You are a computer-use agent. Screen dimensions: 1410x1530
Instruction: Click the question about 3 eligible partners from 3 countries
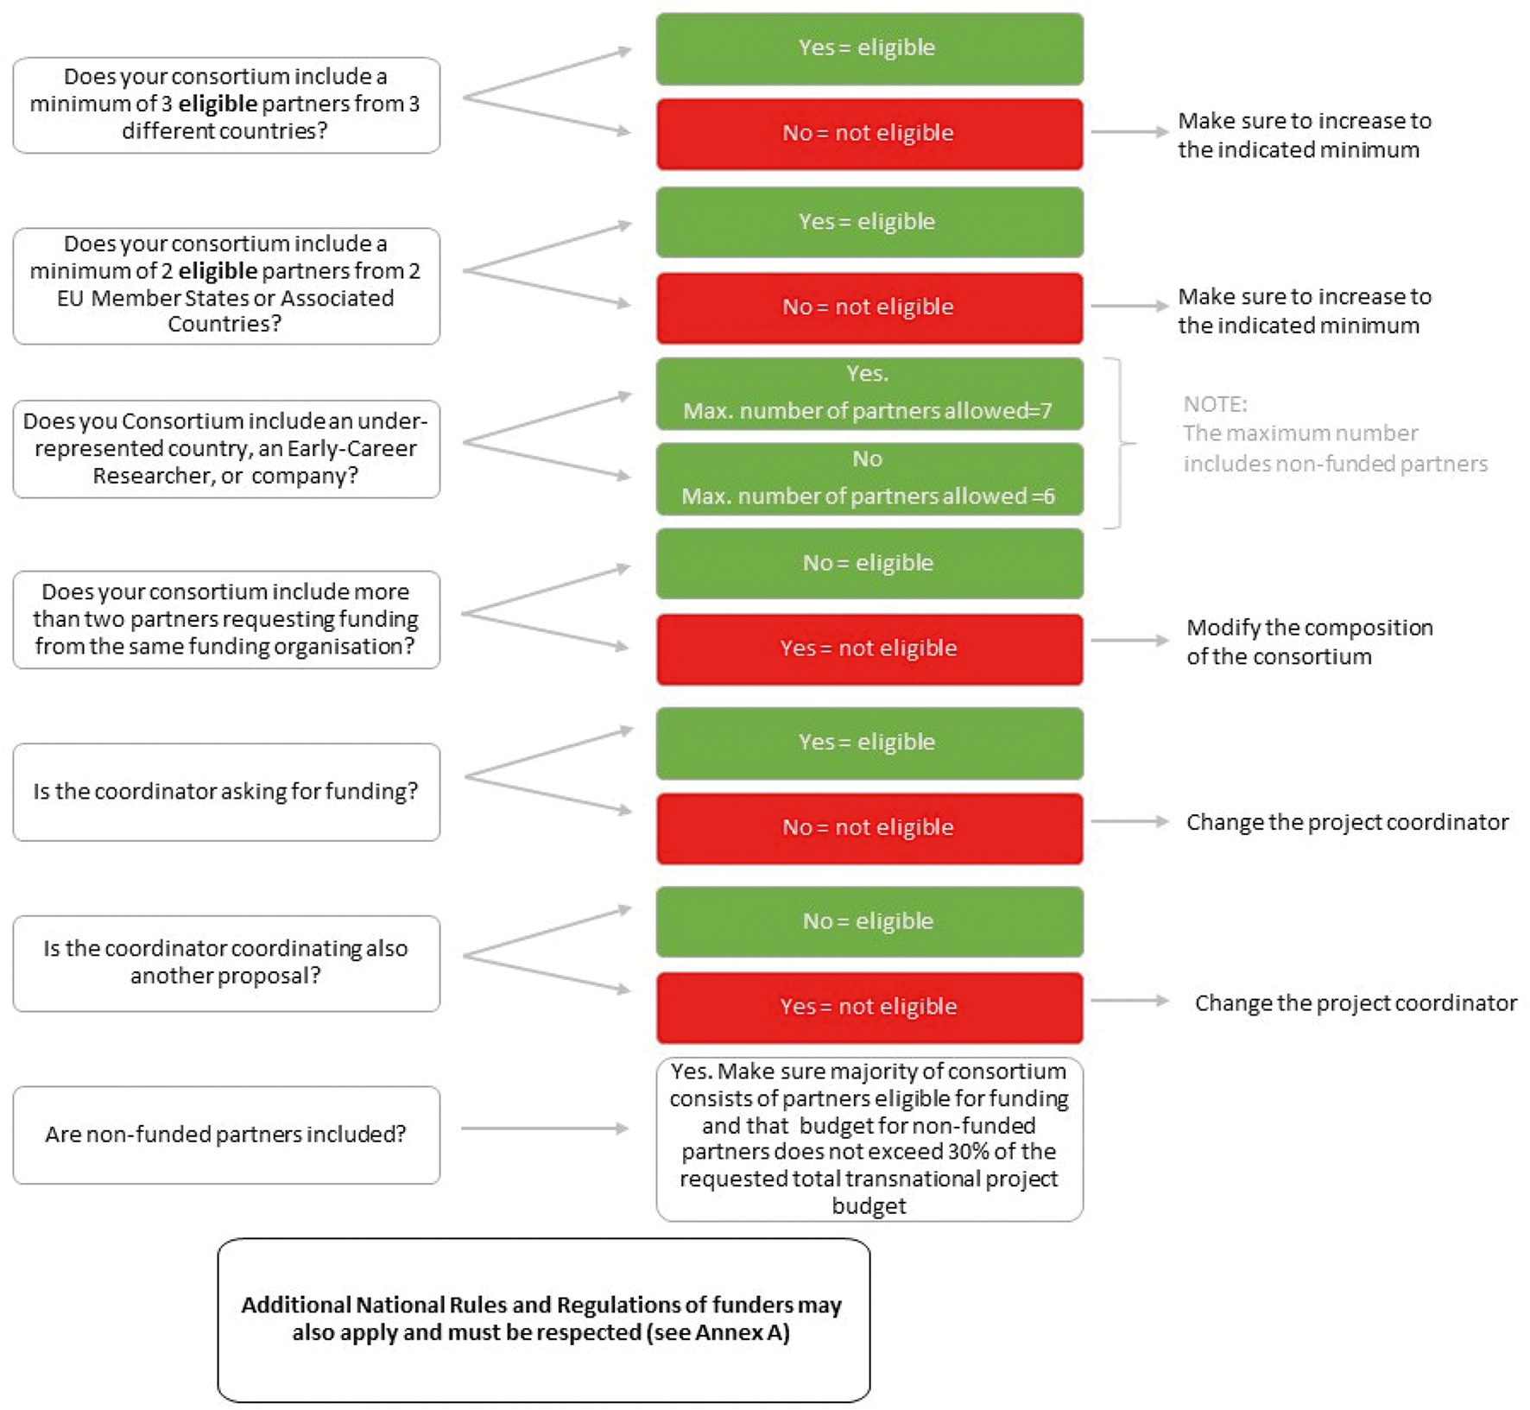point(225,104)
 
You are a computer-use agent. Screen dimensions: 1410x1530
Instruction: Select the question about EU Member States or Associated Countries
point(225,285)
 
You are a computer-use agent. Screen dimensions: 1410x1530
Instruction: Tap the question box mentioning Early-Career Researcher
point(225,448)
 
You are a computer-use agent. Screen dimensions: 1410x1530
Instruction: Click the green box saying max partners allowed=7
point(869,394)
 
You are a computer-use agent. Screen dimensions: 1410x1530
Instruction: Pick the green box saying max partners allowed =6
point(869,479)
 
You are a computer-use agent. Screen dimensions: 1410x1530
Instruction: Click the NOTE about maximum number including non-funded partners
point(1334,433)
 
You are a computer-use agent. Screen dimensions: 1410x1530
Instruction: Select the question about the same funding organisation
point(225,619)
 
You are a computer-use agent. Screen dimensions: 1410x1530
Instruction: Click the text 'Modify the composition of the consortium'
point(1308,642)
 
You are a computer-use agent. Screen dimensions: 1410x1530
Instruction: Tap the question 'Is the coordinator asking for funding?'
point(225,792)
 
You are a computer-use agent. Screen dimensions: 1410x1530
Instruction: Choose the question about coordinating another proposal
point(225,963)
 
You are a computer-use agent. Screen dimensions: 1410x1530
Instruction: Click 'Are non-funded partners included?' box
point(225,1135)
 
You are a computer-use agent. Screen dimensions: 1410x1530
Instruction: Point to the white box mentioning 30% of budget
point(869,1139)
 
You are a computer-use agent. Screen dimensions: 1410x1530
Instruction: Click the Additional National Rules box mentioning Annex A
point(543,1319)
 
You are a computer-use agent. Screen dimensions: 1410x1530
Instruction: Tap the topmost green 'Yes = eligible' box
point(869,48)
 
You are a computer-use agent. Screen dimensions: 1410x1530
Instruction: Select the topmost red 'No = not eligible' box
point(869,134)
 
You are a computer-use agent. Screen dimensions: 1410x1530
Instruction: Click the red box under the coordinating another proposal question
point(869,1008)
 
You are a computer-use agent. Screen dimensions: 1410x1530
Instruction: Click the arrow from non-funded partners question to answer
point(544,1128)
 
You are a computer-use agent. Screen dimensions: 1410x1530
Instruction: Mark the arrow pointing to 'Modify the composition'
point(1129,641)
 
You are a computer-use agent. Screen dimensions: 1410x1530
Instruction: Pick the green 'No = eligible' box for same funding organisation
point(869,564)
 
